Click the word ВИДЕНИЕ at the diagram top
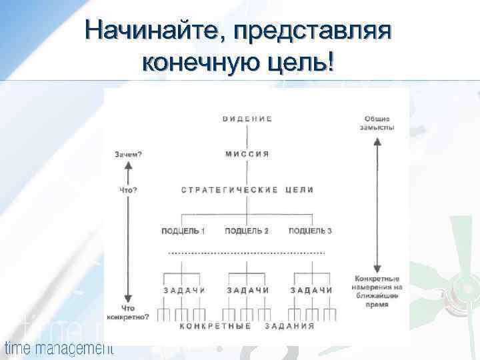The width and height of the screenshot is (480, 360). point(247,119)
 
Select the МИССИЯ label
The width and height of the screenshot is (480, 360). point(247,154)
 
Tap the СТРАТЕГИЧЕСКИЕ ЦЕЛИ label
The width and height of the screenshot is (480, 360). point(247,190)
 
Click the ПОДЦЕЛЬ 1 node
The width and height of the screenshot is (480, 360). point(183,231)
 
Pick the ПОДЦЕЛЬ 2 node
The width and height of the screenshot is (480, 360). point(247,231)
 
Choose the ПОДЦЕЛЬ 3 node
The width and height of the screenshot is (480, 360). point(310,231)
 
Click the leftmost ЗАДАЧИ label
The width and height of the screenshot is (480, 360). point(184,290)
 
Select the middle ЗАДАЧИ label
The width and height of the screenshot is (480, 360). point(247,290)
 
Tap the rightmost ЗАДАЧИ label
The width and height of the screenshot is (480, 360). point(311,290)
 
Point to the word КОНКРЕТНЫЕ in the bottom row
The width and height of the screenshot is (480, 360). point(215,326)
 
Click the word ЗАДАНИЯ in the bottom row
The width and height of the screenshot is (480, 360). point(290,326)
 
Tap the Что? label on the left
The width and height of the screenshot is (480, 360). point(128,190)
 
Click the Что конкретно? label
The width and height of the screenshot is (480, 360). point(129,313)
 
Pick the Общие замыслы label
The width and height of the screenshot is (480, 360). point(377,122)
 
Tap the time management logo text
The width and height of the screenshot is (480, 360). point(59,347)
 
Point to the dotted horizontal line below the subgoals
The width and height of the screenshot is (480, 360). point(247,254)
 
